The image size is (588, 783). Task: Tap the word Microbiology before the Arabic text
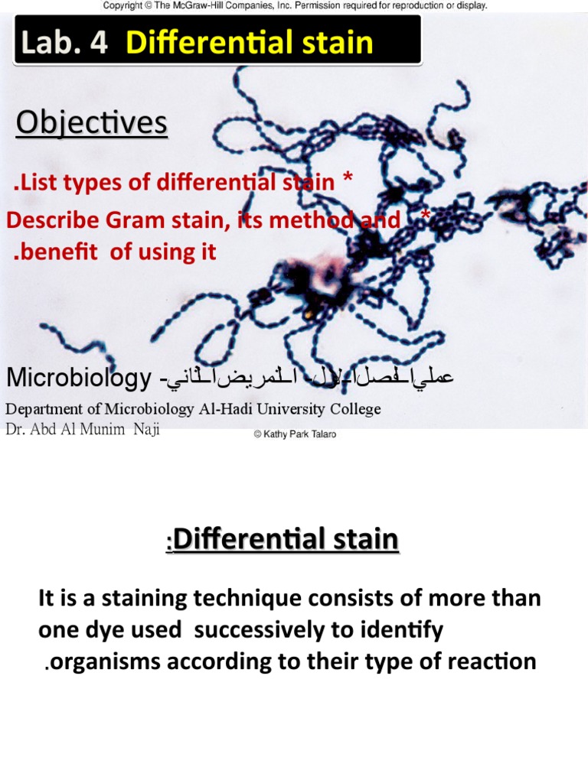pyautogui.click(x=76, y=377)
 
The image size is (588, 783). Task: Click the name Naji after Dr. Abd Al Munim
pyautogui.click(x=146, y=429)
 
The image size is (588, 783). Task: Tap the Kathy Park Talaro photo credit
pyautogui.click(x=295, y=434)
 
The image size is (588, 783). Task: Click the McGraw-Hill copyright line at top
pyautogui.click(x=295, y=5)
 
